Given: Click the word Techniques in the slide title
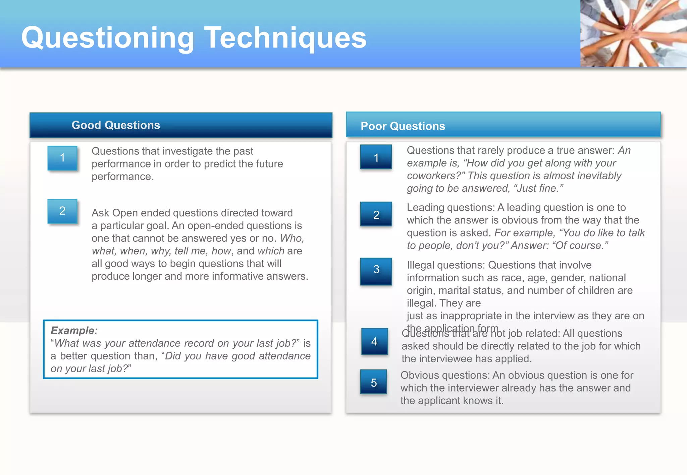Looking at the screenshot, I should tap(285, 38).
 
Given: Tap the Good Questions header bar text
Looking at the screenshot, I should tap(116, 125).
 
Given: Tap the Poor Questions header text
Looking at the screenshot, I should tap(403, 126).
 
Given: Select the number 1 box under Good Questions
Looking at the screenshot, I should tap(62, 158).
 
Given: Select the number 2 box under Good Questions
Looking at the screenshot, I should tap(62, 211).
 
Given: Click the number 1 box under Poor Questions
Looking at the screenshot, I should tap(376, 157).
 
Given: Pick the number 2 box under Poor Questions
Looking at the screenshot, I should tap(376, 214).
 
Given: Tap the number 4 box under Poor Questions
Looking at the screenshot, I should tap(374, 341).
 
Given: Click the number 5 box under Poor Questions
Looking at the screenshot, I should tap(374, 382).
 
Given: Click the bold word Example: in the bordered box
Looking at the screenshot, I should tap(74, 331).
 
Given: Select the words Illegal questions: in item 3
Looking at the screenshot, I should tap(446, 265).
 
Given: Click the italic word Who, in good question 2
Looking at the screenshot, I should tap(292, 238).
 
